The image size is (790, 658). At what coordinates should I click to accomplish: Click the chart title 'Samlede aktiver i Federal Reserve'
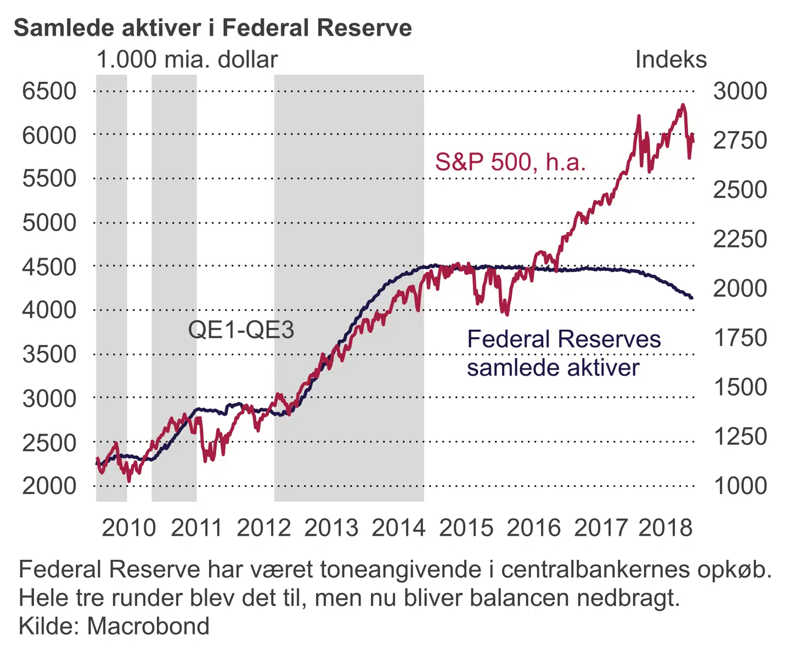213,27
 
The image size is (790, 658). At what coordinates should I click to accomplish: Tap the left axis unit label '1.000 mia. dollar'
187,59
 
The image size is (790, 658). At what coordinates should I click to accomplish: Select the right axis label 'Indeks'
670,59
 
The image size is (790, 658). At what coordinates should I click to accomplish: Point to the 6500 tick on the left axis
49,91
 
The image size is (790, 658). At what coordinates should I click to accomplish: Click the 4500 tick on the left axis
49,267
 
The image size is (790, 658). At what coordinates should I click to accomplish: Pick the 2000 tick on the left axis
49,486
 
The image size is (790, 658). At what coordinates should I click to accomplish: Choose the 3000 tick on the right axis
740,91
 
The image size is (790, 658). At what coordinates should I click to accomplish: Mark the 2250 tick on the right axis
740,239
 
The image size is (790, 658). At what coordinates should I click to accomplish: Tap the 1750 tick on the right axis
740,338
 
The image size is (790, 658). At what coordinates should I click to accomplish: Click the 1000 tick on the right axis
740,486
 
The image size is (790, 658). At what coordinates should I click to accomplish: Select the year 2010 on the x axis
129,527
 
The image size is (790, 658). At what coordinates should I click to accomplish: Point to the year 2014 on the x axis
399,527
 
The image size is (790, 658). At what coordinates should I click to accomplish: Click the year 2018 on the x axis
665,527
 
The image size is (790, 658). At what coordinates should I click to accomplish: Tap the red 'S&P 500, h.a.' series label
510,162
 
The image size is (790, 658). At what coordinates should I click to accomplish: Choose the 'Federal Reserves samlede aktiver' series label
563,353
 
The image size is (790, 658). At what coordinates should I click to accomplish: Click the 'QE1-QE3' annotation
241,330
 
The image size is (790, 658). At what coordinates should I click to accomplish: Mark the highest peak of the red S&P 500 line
682,105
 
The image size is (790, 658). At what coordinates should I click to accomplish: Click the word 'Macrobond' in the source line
148,626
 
